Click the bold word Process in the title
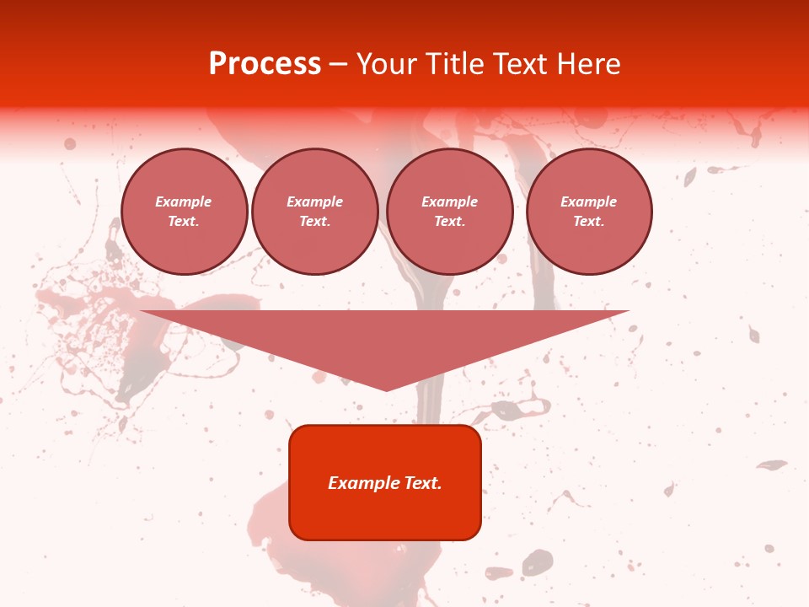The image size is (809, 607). pos(265,64)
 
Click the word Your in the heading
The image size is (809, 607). pos(388,64)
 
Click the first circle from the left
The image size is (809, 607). pos(185,212)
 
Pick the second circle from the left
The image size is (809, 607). pos(315,212)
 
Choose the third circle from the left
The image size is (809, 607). pos(450,212)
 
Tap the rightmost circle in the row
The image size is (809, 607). pos(589,212)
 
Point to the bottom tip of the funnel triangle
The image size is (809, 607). pos(387,389)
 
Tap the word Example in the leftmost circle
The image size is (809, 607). pos(184,201)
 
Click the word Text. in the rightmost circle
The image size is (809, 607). pos(589,222)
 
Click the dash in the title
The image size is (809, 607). pos(338,65)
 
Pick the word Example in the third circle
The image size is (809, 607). pos(450,201)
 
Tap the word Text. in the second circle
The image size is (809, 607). pos(315,222)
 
